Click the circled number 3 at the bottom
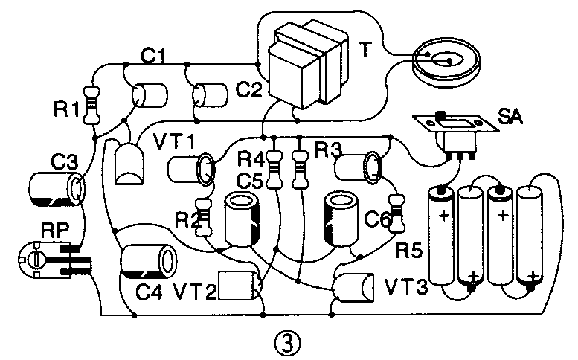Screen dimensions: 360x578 pyautogui.click(x=288, y=343)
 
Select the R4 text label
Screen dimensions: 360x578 pyautogui.click(x=251, y=158)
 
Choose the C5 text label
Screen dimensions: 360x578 pyautogui.click(x=251, y=179)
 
